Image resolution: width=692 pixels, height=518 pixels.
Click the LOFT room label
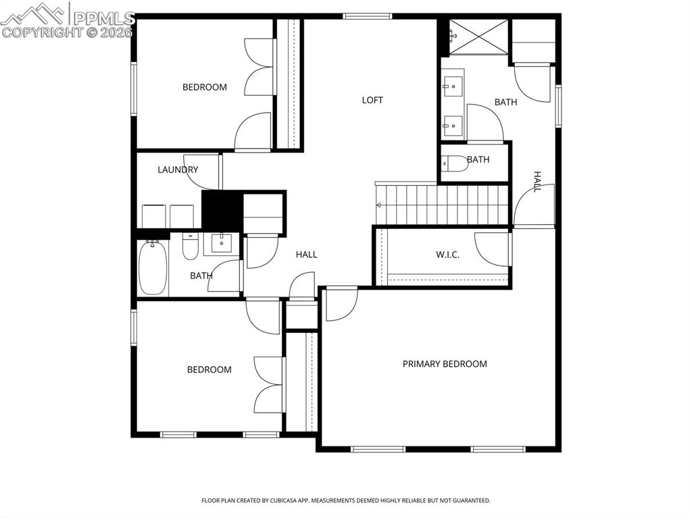(x=372, y=100)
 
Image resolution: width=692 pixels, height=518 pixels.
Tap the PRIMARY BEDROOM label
(x=445, y=364)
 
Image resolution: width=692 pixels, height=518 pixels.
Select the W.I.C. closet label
(x=447, y=255)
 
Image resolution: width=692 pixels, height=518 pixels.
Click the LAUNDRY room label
(x=178, y=170)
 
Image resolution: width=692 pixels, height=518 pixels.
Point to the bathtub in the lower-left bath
(x=152, y=268)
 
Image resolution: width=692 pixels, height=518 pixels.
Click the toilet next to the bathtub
(x=190, y=249)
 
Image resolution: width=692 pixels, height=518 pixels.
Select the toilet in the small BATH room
(x=454, y=163)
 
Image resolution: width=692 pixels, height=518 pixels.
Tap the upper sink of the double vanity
(x=453, y=85)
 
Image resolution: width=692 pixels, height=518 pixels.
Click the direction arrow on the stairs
(x=380, y=205)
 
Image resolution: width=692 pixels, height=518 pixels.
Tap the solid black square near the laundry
(x=222, y=211)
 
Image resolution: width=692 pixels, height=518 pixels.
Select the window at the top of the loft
(x=367, y=16)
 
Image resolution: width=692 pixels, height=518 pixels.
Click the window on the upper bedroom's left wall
(x=134, y=88)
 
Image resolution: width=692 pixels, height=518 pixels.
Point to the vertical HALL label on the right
(x=537, y=182)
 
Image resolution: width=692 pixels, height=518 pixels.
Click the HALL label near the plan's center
(x=306, y=255)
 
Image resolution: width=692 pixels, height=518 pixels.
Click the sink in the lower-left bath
(x=222, y=242)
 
